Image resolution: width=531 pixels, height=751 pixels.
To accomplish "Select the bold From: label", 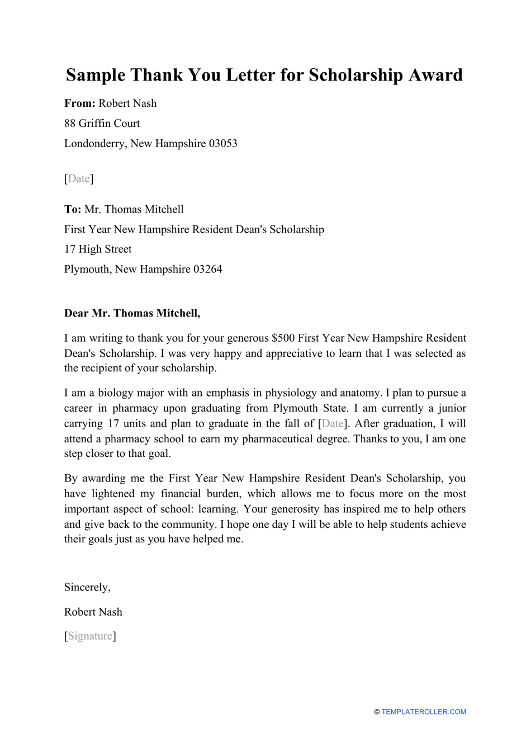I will (x=80, y=103).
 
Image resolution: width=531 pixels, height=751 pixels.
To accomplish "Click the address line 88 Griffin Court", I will (x=102, y=124).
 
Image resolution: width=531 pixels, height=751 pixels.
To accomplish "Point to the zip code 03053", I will (x=223, y=144).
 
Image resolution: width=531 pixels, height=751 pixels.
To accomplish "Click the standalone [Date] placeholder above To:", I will (x=79, y=179).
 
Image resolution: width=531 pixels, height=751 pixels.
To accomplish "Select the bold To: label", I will (x=73, y=210).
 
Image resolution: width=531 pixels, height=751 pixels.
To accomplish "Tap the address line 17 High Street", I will (x=98, y=249).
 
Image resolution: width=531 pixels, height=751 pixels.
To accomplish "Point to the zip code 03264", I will (x=207, y=270).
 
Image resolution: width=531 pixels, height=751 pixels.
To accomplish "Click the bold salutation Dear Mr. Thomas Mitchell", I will (x=132, y=314).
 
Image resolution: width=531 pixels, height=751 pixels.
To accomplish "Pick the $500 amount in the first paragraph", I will (x=283, y=338).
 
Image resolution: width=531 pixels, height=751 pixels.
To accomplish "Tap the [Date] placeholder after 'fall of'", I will (x=333, y=424).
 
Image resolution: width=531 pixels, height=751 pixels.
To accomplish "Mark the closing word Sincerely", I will (x=87, y=587).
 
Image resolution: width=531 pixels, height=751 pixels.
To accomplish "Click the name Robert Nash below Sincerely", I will (x=93, y=612).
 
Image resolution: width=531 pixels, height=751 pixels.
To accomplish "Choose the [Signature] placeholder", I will (x=90, y=636).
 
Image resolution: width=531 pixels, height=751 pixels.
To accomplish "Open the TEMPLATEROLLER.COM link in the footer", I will (x=423, y=712).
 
